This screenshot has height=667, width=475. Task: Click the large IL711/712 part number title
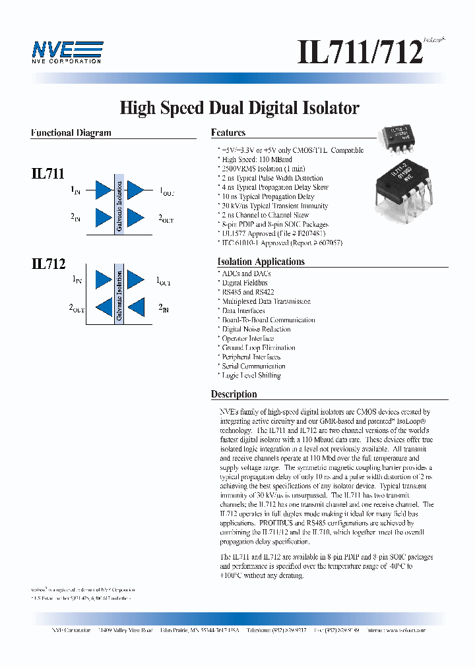[360, 52]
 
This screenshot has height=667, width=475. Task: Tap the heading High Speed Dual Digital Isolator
[239, 108]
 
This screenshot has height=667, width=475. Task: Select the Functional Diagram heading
[71, 132]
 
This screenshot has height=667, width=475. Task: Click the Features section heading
[228, 132]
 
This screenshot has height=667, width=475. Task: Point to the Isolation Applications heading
[261, 262]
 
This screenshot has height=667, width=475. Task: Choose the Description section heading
[234, 394]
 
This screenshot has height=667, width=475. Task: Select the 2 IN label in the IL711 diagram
[76, 217]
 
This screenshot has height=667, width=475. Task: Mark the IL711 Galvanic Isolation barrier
[119, 204]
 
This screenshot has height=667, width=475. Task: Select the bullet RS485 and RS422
[248, 292]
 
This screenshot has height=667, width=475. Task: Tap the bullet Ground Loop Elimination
[259, 347]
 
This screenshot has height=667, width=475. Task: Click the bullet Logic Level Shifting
[251, 376]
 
